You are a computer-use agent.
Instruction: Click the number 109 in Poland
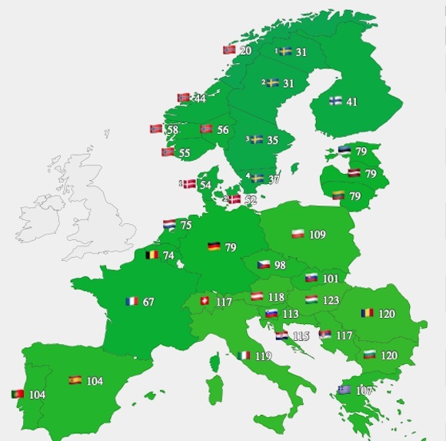(318, 234)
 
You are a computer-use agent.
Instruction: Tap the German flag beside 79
(214, 247)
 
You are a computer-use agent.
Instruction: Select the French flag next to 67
(131, 302)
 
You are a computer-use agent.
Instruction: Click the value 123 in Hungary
(331, 299)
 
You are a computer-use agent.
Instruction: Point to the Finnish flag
(336, 101)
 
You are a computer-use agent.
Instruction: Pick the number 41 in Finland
(352, 102)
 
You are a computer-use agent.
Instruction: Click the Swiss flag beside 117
(205, 302)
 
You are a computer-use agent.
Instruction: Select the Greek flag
(344, 390)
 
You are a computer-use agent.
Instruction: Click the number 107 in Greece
(364, 390)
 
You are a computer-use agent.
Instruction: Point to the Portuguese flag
(16, 394)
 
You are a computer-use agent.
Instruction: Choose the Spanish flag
(75, 380)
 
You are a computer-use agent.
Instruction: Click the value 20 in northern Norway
(245, 51)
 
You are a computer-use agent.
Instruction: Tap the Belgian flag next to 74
(151, 255)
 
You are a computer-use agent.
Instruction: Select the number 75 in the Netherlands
(186, 226)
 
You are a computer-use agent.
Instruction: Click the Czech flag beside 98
(263, 265)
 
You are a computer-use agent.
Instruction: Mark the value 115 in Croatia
(301, 336)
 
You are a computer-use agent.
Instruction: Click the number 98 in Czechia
(280, 266)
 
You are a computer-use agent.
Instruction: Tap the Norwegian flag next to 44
(184, 98)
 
